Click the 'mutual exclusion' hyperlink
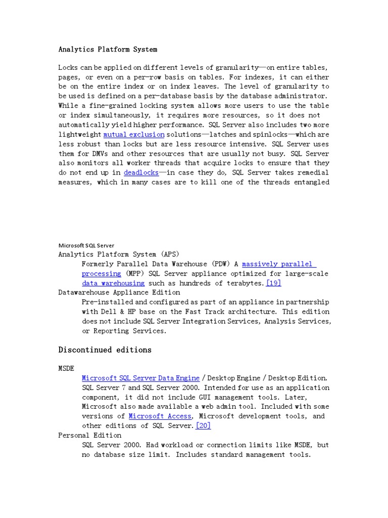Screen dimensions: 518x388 (134, 135)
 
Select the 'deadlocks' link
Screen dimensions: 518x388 (141, 172)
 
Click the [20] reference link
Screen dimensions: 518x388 (203, 425)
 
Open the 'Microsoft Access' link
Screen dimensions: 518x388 (160, 416)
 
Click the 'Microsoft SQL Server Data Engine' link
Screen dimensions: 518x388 (140, 378)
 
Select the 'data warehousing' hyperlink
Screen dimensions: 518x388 (113, 283)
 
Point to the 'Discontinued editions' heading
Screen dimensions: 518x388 (105, 350)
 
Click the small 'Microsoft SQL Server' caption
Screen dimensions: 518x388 (86, 245)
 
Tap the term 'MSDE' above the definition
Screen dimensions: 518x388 (67, 368)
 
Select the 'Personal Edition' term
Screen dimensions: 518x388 (90, 435)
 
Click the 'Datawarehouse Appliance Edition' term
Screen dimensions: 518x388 (119, 292)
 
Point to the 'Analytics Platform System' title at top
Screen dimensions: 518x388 (108, 50)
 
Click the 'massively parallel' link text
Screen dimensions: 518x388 (278, 264)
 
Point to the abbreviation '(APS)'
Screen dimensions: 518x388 (169, 254)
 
